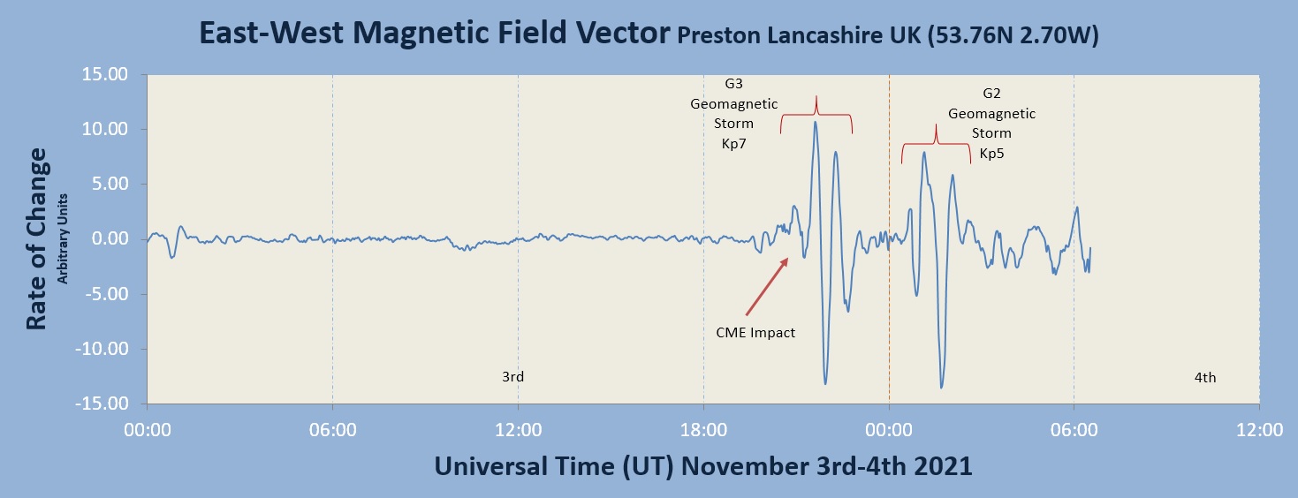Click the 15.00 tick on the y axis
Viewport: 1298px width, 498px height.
click(104, 74)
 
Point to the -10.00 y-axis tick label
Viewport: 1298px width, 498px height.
click(102, 349)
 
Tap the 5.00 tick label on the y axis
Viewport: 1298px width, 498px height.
click(110, 184)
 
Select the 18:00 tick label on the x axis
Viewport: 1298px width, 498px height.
click(703, 430)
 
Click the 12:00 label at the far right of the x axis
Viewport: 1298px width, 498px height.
click(1259, 430)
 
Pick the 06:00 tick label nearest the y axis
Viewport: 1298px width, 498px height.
click(332, 430)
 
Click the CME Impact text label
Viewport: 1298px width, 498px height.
click(755, 332)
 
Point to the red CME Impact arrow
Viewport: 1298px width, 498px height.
click(767, 287)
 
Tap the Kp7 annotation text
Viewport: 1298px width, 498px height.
click(733, 144)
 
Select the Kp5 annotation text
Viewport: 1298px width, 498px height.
click(991, 154)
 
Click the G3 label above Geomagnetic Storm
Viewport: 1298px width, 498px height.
click(733, 83)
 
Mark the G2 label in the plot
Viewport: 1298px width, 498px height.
click(991, 93)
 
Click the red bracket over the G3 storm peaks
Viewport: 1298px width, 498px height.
click(816, 114)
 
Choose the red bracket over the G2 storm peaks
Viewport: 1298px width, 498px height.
click(936, 143)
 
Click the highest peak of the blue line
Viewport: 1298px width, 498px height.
click(816, 122)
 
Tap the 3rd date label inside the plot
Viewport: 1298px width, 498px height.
click(512, 376)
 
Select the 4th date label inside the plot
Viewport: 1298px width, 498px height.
click(1205, 378)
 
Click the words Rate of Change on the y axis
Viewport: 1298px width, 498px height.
click(36, 238)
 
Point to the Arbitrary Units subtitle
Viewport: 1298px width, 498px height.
click(62, 238)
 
